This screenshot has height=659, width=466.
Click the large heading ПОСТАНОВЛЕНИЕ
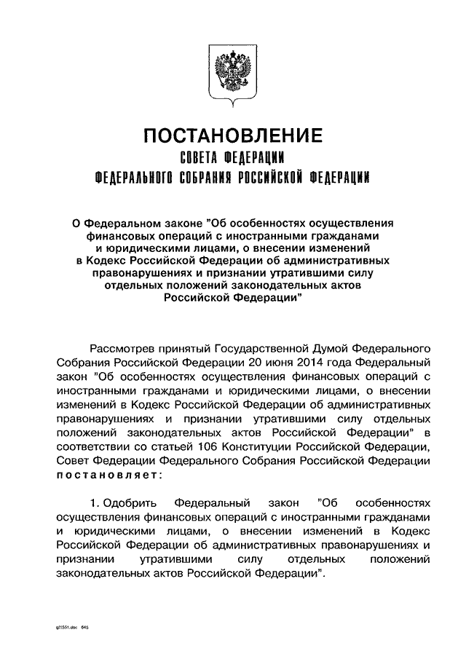232,136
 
